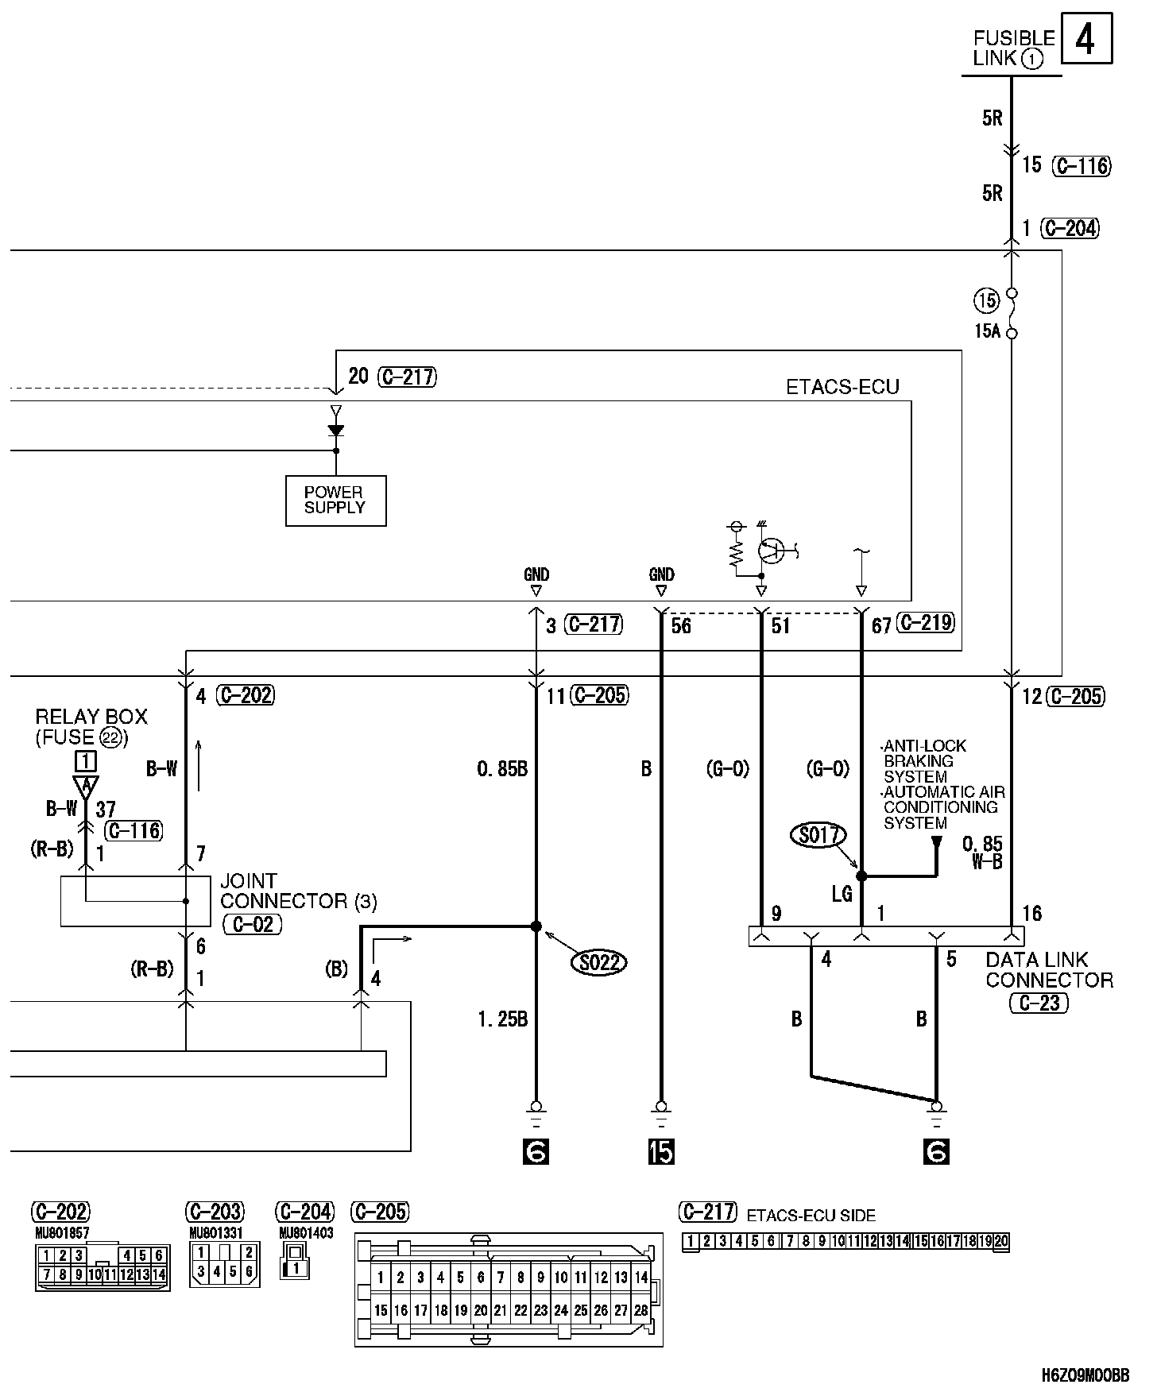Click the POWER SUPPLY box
pyautogui.click(x=335, y=501)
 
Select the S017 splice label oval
pyautogui.click(x=818, y=835)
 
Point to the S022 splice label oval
pyautogui.click(x=599, y=963)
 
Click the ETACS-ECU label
pyautogui.click(x=842, y=387)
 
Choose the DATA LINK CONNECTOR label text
pyautogui.click(x=1048, y=969)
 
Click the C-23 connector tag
pyautogui.click(x=1039, y=1003)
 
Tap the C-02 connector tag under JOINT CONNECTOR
pyautogui.click(x=253, y=923)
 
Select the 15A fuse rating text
pyautogui.click(x=987, y=331)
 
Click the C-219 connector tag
pyautogui.click(x=925, y=624)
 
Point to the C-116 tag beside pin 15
pyautogui.click(x=1081, y=166)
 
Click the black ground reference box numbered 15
pyautogui.click(x=661, y=1152)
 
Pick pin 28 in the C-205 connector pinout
pyautogui.click(x=641, y=1311)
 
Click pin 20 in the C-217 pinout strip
pyautogui.click(x=1001, y=1242)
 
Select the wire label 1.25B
pyautogui.click(x=502, y=1019)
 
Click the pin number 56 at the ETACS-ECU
pyautogui.click(x=681, y=626)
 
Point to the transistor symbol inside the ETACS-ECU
pyautogui.click(x=770, y=549)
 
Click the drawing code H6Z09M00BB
pyautogui.click(x=1086, y=1375)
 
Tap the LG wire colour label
pyautogui.click(x=842, y=894)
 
